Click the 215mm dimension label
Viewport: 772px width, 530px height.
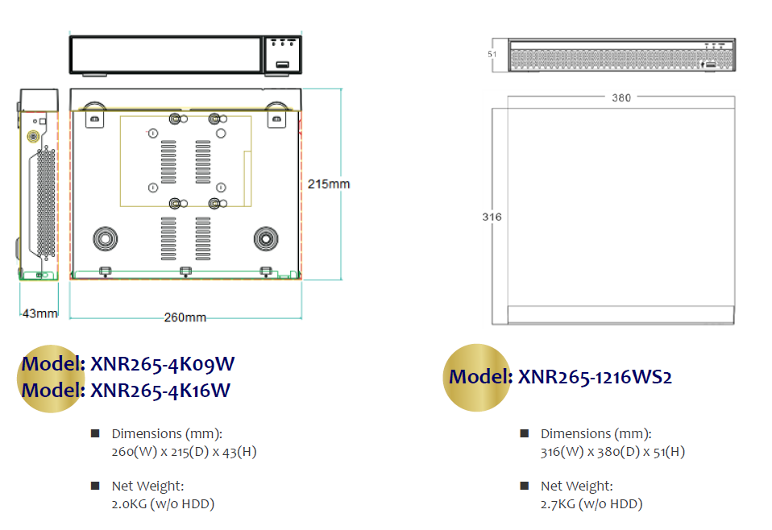click(x=329, y=184)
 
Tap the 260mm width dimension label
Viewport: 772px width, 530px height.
click(x=185, y=317)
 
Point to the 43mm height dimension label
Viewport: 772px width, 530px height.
click(x=39, y=313)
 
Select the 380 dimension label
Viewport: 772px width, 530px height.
click(x=621, y=98)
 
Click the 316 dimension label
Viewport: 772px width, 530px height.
click(x=492, y=217)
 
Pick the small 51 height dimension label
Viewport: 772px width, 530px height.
click(x=492, y=54)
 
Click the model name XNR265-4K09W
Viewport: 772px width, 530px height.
click(x=163, y=364)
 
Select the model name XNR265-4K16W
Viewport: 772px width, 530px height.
click(x=160, y=391)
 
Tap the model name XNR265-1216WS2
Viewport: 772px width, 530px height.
click(x=596, y=377)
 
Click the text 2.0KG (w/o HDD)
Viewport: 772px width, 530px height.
click(x=163, y=504)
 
